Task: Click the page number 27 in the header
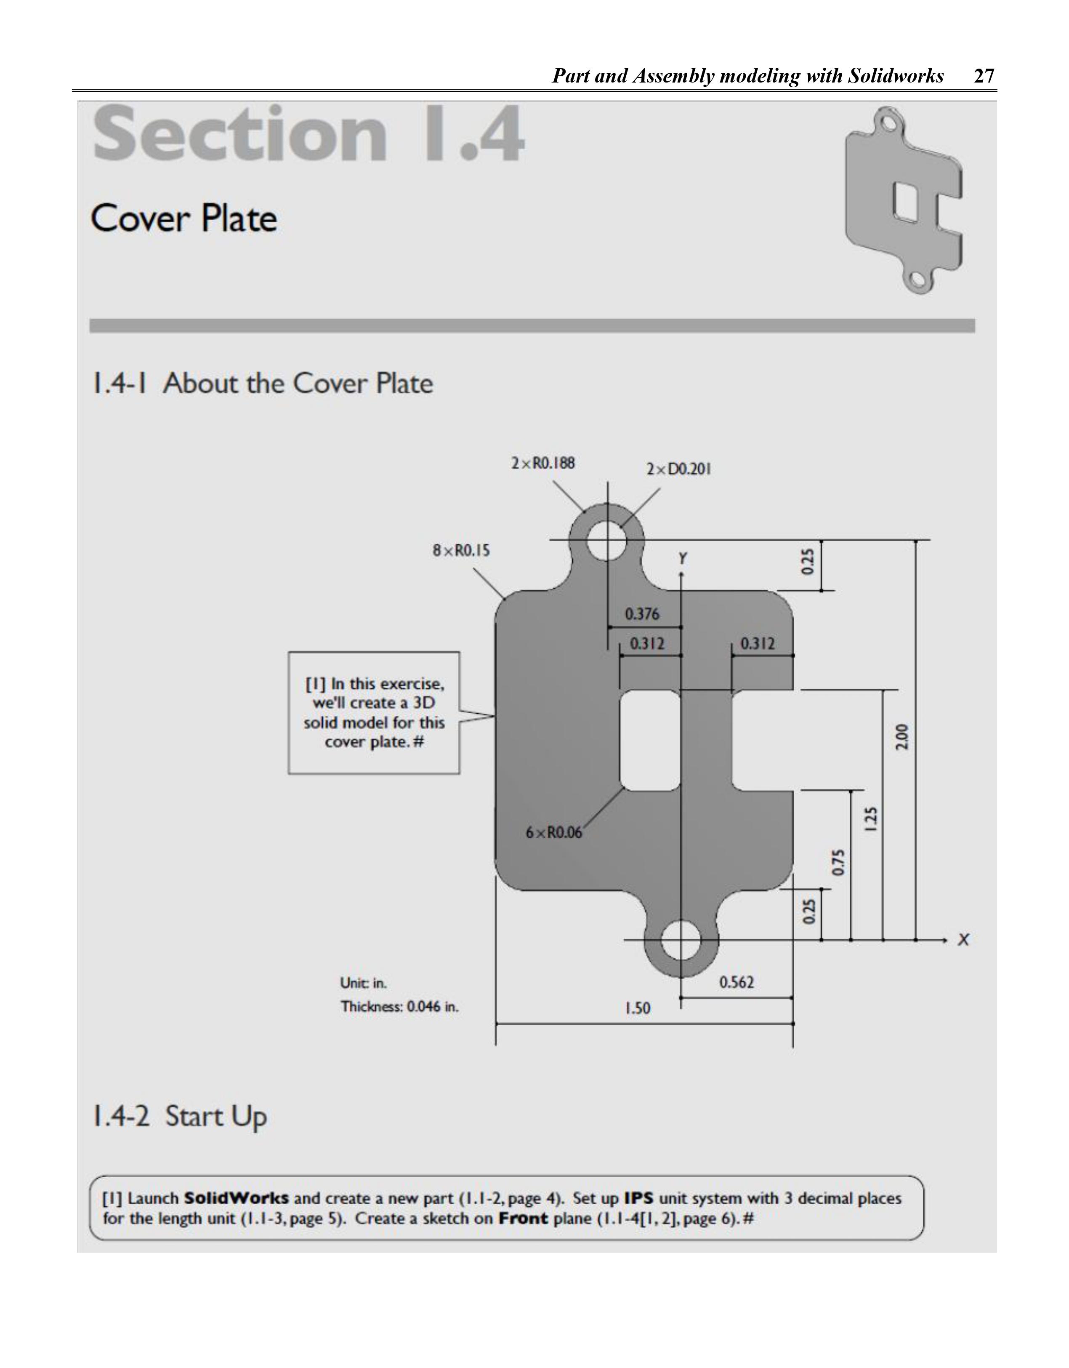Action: point(984,76)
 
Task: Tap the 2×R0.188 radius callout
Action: point(543,464)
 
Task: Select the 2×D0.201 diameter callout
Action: point(678,469)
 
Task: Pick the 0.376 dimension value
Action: point(642,614)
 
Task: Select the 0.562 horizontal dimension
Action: point(737,982)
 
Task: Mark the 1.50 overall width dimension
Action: point(638,1008)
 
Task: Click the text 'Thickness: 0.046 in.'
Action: point(399,1007)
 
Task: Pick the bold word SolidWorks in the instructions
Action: point(236,1198)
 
